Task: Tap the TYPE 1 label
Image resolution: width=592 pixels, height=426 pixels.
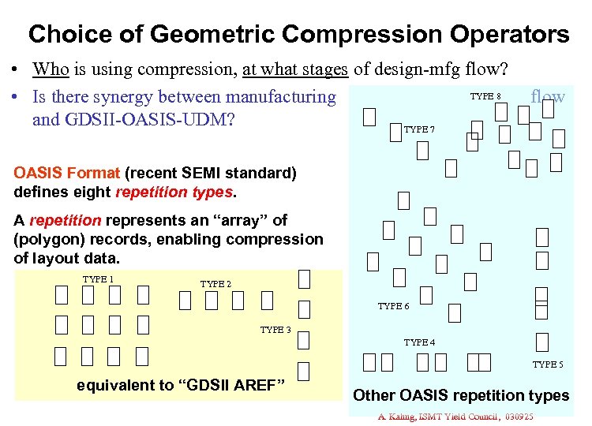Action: [99, 279]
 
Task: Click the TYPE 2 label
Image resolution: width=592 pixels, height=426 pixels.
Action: [216, 284]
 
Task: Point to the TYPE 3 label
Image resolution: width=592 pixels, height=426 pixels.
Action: [276, 330]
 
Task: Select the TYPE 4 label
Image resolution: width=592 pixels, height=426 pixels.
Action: [419, 342]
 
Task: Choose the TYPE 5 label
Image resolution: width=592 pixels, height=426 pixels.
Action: [548, 364]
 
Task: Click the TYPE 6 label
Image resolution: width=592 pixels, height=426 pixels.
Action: [393, 306]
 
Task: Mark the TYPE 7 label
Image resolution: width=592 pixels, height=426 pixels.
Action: [419, 129]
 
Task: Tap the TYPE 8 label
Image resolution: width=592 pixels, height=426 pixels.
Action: [486, 96]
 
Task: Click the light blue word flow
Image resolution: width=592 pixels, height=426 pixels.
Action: [548, 97]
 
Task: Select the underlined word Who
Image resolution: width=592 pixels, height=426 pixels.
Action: [51, 69]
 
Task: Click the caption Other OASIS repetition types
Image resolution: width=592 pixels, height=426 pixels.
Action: [461, 395]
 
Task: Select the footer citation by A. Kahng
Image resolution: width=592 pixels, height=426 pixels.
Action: [455, 416]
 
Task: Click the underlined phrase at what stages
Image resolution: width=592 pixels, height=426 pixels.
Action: [296, 69]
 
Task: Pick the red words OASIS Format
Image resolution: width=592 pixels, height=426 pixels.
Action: [66, 173]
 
